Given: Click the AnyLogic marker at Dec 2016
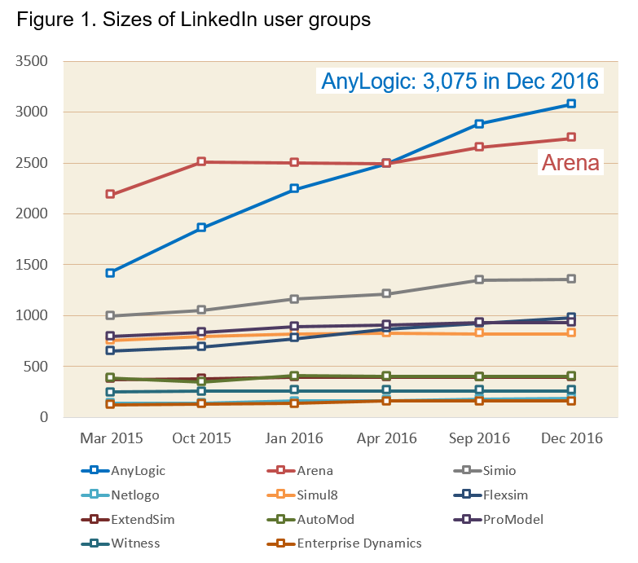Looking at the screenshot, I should point(571,103).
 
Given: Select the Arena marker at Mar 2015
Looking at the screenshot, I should point(110,195).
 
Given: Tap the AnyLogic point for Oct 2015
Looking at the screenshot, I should point(202,227).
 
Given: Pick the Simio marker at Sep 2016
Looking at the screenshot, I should point(479,279).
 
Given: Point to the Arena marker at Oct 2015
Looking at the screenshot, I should point(202,162).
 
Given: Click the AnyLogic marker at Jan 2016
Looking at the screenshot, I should point(294,188).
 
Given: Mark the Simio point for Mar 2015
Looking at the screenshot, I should point(110,315).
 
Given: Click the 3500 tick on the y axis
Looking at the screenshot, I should point(33,61).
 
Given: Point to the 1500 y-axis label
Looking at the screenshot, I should point(33,265).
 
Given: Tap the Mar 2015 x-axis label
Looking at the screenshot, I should point(111,438).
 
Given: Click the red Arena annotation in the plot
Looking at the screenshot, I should point(570,163).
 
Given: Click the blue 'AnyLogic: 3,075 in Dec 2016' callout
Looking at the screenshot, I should point(460,81).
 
